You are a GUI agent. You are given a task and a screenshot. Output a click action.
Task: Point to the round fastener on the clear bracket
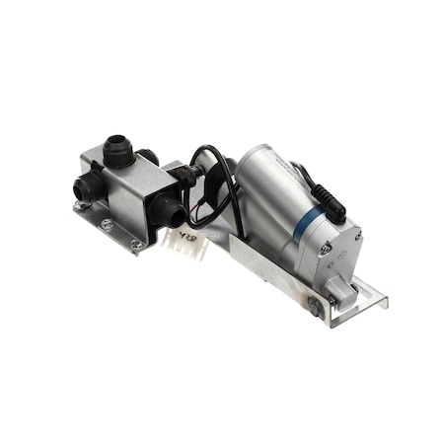click(313, 307)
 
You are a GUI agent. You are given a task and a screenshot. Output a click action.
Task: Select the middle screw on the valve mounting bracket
click(107, 225)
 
